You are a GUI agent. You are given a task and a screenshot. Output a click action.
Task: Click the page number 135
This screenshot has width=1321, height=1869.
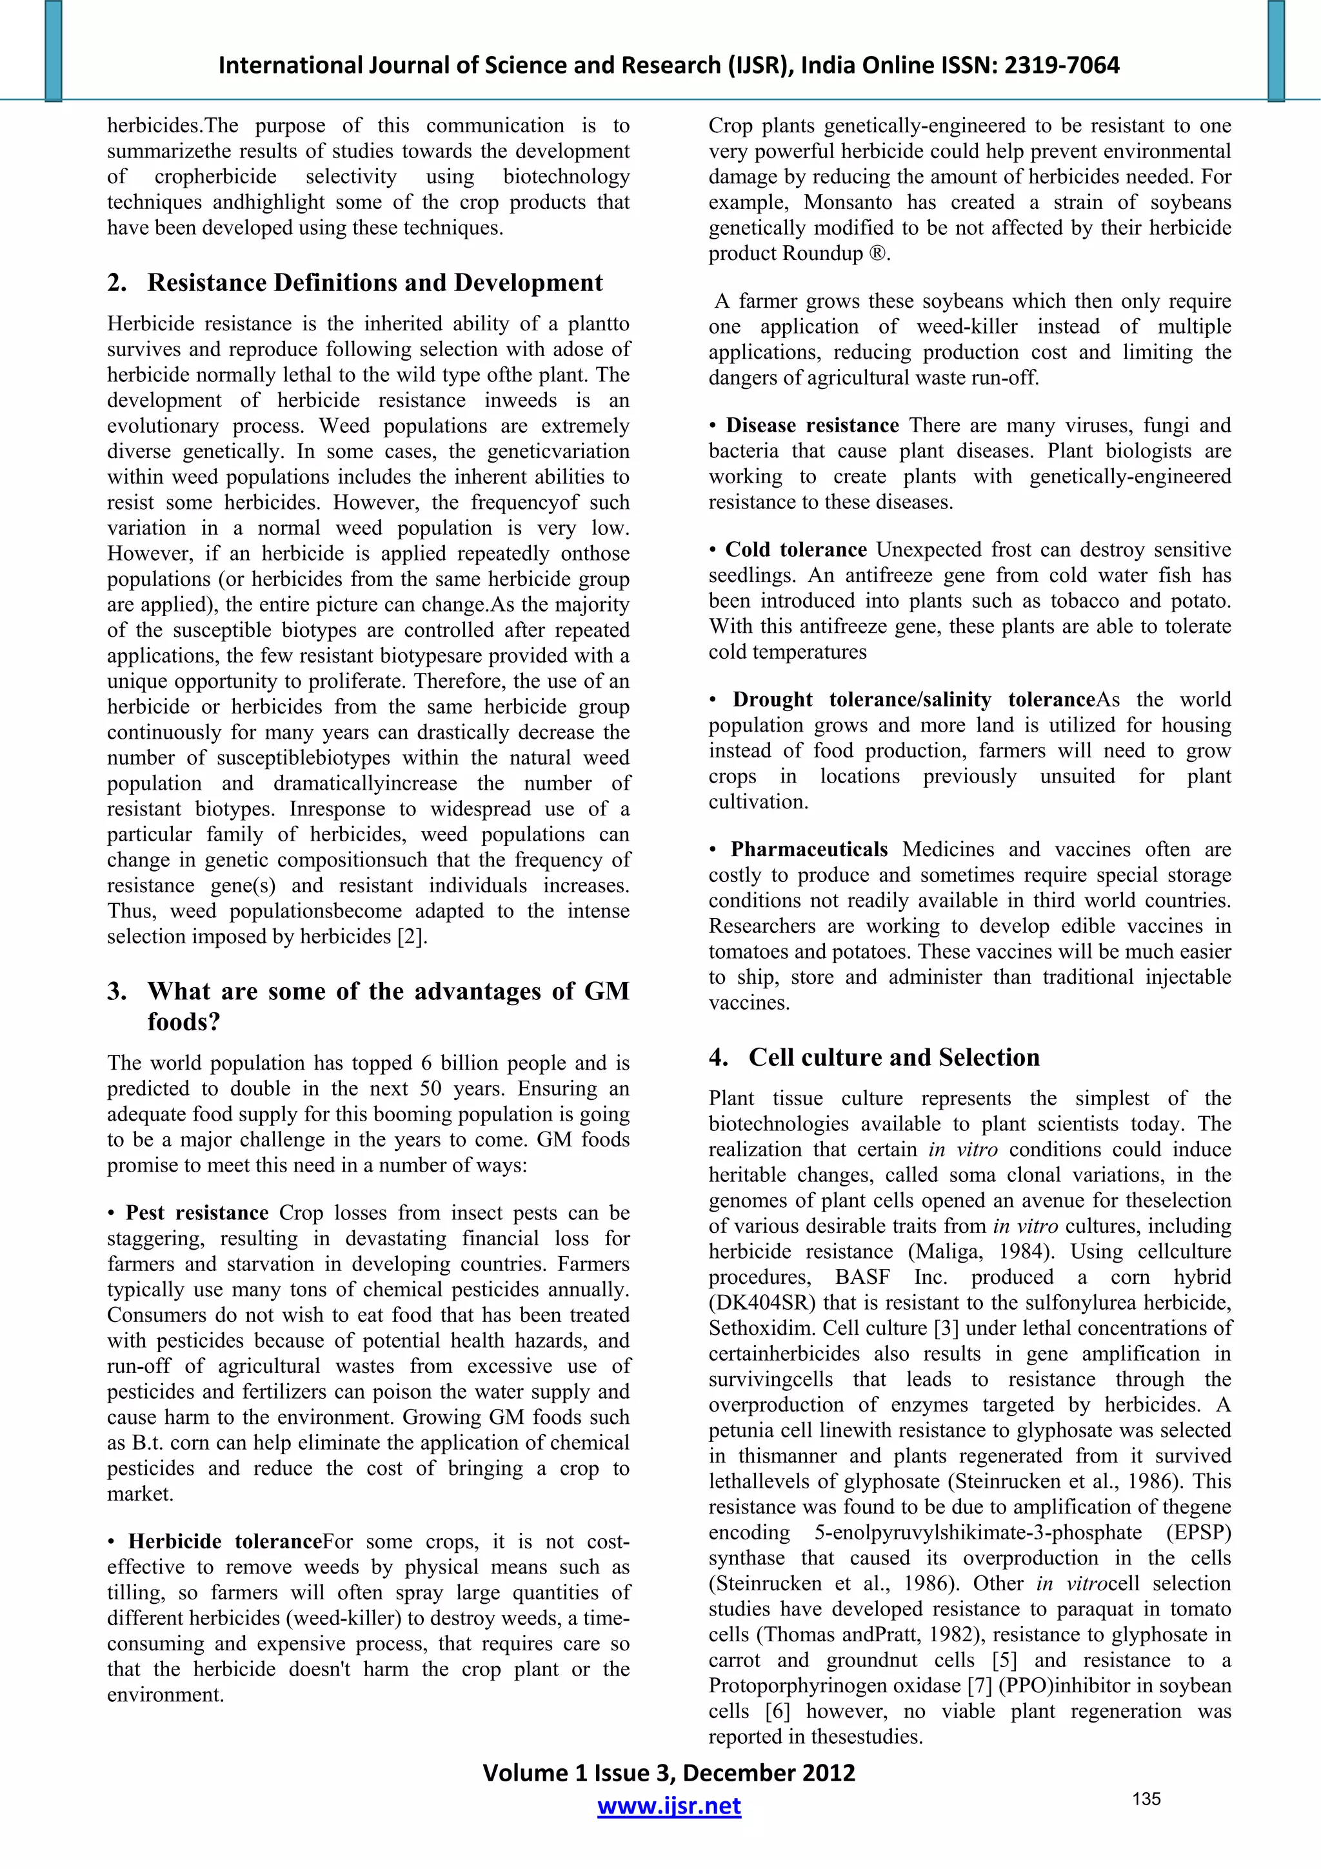pyautogui.click(x=1146, y=1799)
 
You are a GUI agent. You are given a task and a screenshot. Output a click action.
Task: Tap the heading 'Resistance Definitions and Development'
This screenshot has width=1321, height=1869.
pyautogui.click(x=374, y=283)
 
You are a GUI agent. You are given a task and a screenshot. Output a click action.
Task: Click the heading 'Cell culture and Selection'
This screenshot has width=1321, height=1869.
pyautogui.click(x=894, y=1057)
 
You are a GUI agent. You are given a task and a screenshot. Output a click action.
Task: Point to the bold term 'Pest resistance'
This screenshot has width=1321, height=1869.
pyautogui.click(x=196, y=1213)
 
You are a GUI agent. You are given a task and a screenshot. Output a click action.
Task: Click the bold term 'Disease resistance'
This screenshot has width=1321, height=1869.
pyautogui.click(x=811, y=426)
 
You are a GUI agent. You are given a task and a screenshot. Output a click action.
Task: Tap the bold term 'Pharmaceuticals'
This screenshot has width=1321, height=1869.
pyautogui.click(x=808, y=850)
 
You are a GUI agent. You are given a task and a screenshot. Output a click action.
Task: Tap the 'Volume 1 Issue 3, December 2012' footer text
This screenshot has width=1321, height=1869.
pyautogui.click(x=668, y=1772)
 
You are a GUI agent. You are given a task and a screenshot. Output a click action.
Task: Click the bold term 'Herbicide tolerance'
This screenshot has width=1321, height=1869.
pyautogui.click(x=224, y=1542)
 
